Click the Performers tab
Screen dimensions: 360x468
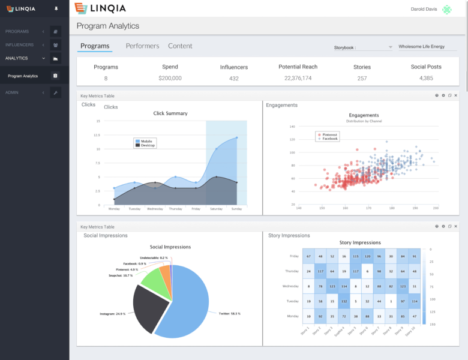coord(142,46)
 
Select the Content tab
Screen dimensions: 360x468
coord(180,46)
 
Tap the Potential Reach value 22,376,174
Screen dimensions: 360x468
coord(298,78)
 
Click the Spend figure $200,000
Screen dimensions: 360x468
coord(170,78)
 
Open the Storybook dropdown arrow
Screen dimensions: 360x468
coord(390,47)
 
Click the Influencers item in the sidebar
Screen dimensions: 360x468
coord(20,44)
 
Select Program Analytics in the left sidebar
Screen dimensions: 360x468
coord(23,76)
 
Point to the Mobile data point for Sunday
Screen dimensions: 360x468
coord(237,137)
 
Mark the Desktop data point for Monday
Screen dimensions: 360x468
coord(114,199)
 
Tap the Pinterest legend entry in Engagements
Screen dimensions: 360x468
coord(328,135)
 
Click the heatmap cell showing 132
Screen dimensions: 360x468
coord(344,301)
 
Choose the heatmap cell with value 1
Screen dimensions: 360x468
coord(391,301)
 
